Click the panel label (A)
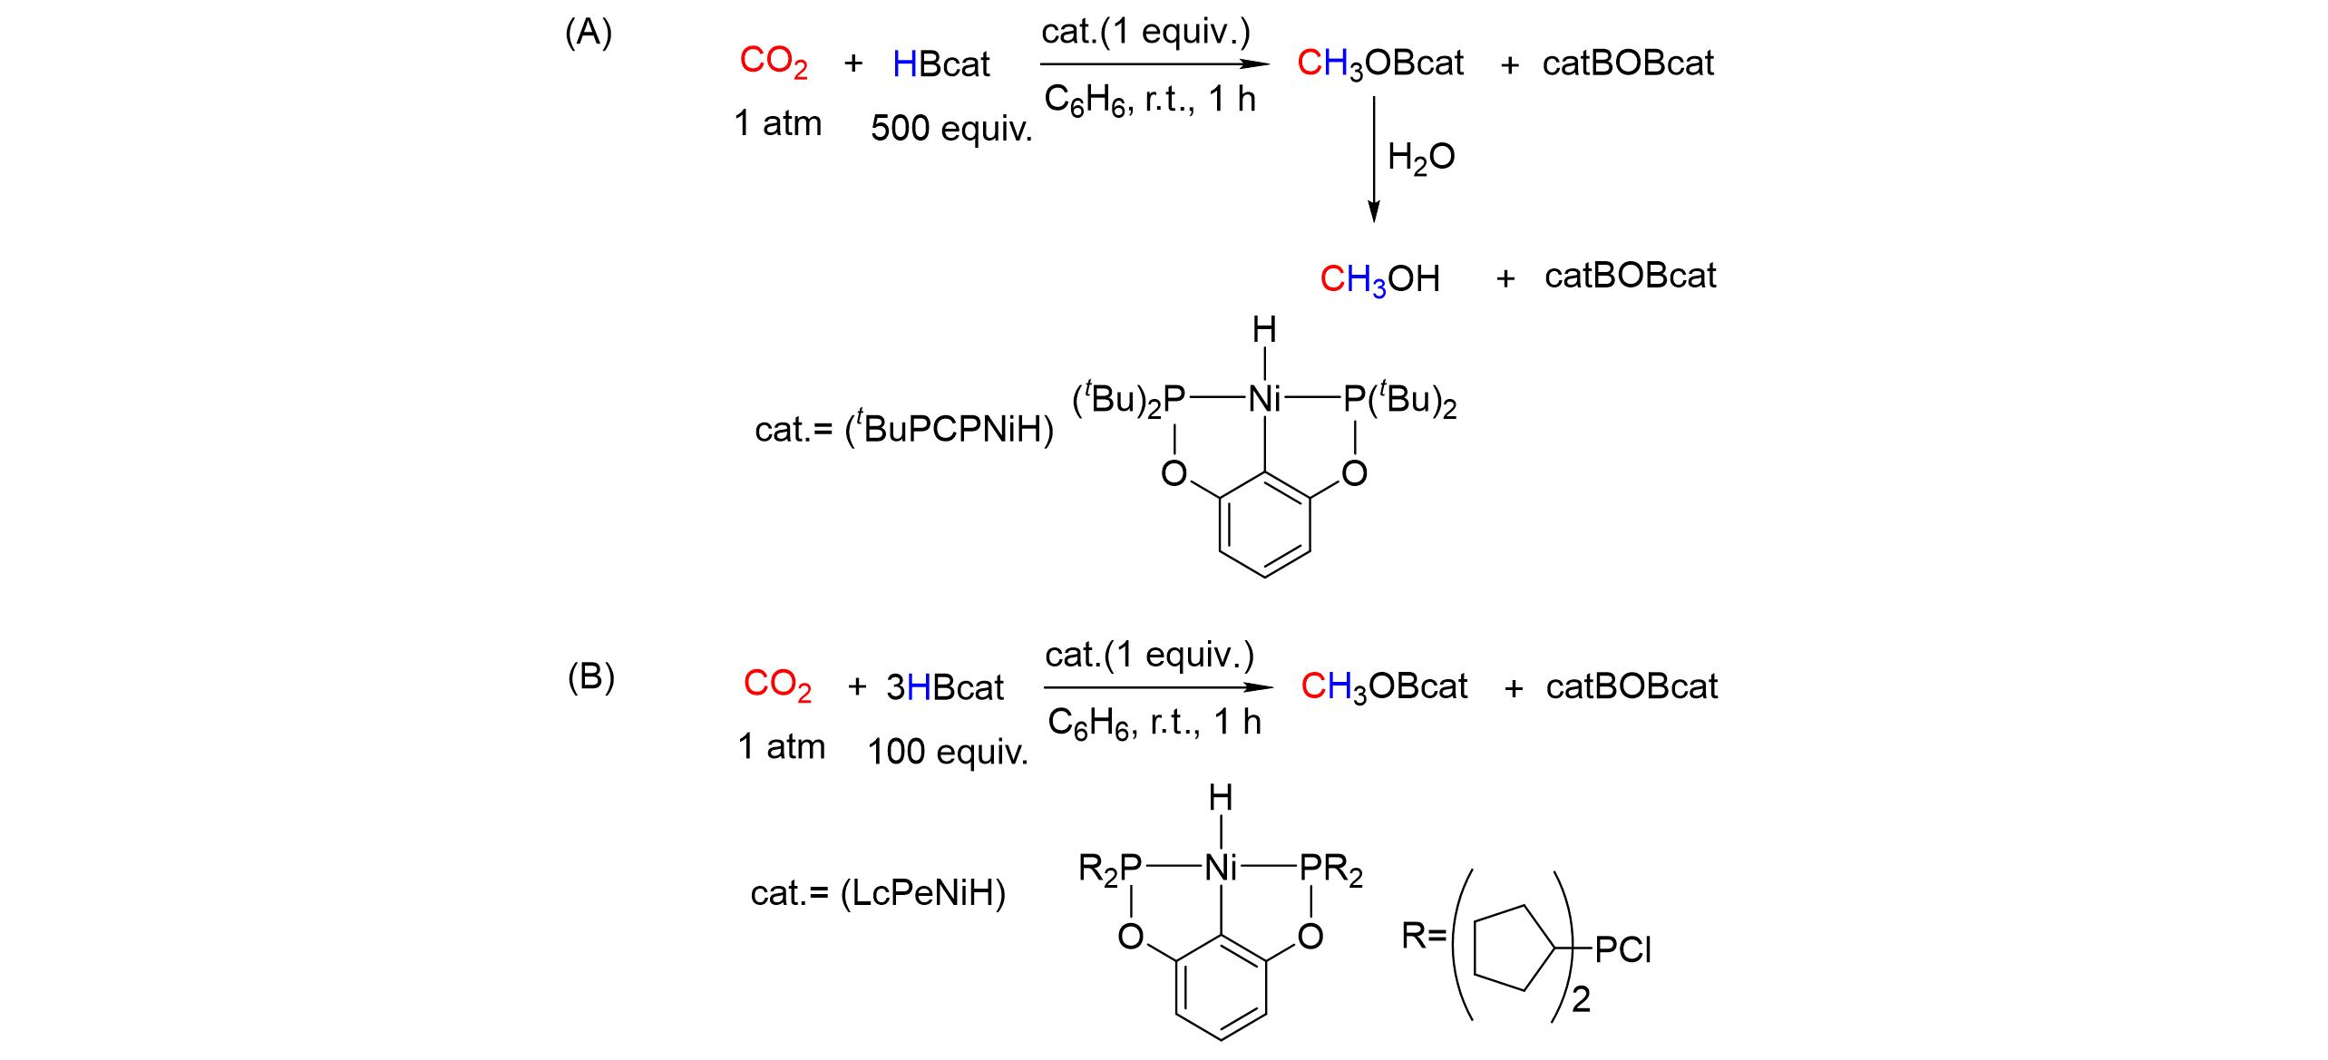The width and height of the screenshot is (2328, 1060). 589,34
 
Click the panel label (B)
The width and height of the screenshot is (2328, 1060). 590,677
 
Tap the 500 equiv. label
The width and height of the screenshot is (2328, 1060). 951,129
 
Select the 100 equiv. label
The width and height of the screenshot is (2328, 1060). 948,752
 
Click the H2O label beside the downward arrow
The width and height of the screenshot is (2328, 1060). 1421,158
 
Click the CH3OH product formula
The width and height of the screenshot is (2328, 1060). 1379,279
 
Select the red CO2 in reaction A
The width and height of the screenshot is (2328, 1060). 773,63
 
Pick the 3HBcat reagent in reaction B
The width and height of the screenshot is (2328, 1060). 944,688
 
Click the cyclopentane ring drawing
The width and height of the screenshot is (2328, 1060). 1513,950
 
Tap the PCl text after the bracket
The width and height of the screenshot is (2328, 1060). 1623,950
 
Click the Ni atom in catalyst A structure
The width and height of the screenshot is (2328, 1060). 1264,399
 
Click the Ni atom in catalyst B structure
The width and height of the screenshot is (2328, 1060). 1221,869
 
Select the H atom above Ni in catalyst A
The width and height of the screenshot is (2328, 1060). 1264,331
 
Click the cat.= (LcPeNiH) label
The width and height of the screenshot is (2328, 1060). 878,894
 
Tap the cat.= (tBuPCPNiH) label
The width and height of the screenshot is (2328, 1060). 903,429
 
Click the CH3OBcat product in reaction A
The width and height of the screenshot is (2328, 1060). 1379,63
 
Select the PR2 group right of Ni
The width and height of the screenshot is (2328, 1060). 1330,870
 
